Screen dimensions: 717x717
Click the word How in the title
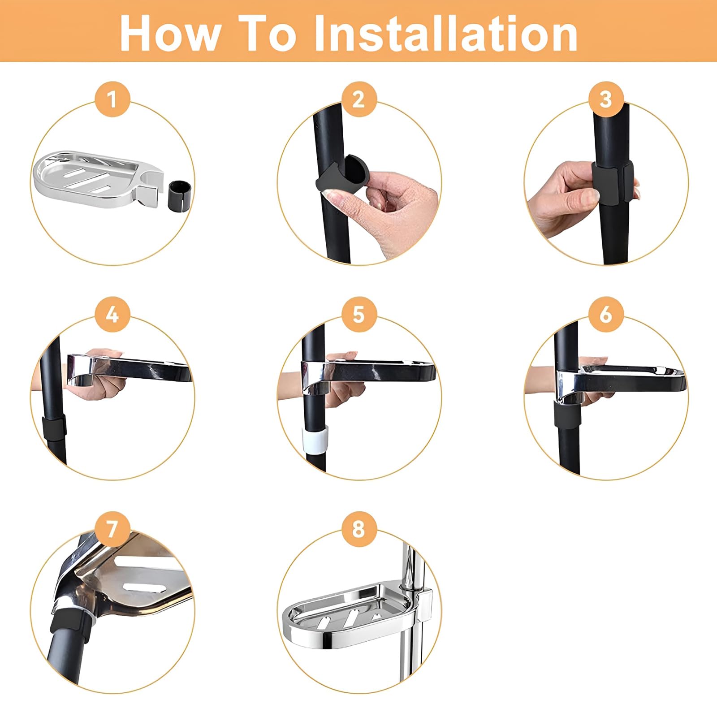tap(171, 34)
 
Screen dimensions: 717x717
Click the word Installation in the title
tap(446, 34)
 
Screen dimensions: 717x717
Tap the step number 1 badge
tap(112, 99)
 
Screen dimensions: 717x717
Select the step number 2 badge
tap(359, 99)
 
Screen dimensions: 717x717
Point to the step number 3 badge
tap(606, 99)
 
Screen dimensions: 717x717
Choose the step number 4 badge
tap(112, 314)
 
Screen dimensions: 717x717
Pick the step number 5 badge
tap(359, 314)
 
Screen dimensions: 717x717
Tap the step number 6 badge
tap(606, 314)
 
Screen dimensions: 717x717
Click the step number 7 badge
tap(112, 529)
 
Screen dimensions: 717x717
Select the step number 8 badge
tap(359, 529)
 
